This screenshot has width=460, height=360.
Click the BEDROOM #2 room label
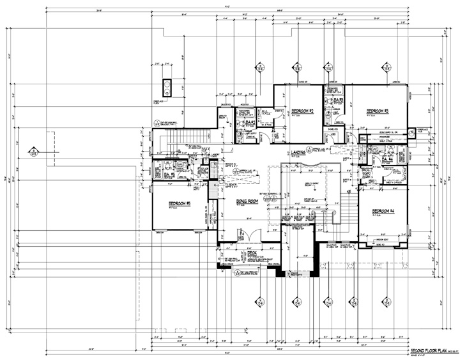(x=301, y=111)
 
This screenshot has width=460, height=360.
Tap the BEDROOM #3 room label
(x=377, y=111)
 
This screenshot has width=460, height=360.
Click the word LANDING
(x=297, y=152)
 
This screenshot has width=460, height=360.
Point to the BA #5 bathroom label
(x=169, y=175)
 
